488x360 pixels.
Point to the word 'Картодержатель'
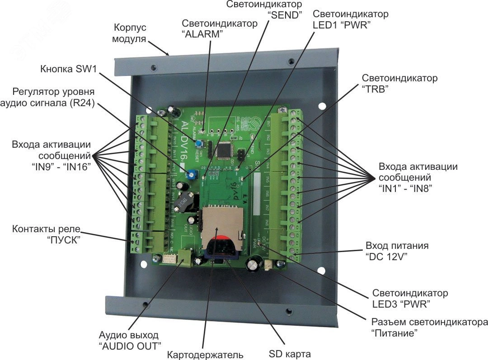pos(205,355)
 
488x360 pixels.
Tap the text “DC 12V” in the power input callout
pos(384,257)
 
